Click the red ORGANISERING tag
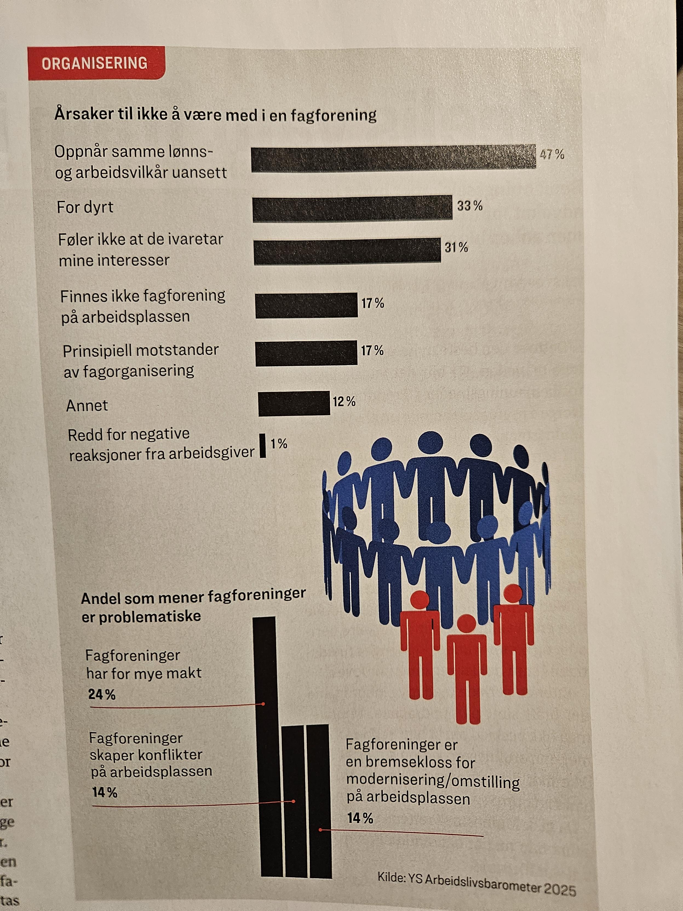[95, 63]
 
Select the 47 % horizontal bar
[393, 157]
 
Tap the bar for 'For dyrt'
[352, 209]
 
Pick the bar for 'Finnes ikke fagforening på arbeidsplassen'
[306, 305]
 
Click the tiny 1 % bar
[262, 445]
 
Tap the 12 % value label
[344, 402]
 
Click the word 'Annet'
[87, 406]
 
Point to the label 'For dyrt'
[85, 207]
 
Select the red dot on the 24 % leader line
[263, 704]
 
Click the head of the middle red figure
[466, 623]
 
